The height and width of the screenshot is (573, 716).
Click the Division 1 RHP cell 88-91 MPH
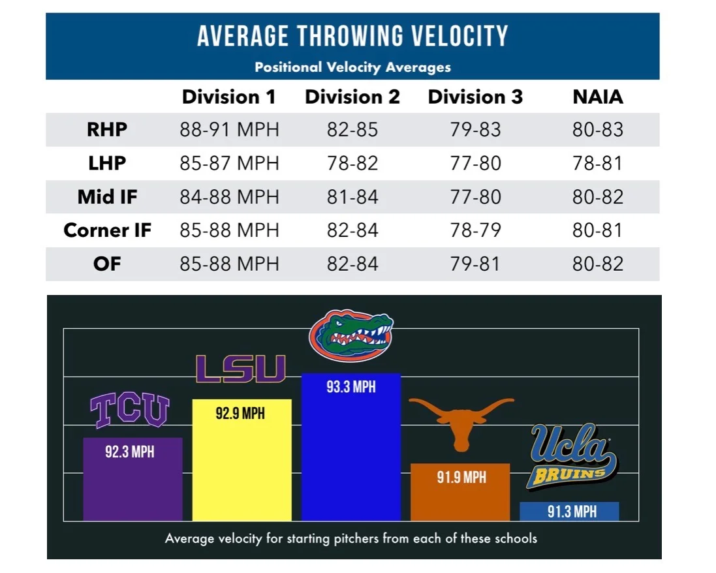(x=229, y=130)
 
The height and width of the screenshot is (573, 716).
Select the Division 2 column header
(x=352, y=97)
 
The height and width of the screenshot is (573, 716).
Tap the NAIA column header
(x=597, y=97)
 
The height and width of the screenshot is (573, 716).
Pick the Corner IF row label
(x=107, y=230)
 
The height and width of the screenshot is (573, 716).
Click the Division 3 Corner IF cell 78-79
(x=475, y=230)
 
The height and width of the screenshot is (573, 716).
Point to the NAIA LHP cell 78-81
(x=597, y=163)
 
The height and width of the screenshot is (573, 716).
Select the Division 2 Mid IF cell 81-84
(x=352, y=196)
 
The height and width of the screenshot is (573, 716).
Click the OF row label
(x=107, y=264)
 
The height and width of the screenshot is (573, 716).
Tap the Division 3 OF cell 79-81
(x=475, y=264)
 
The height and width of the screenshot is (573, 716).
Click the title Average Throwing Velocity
(x=352, y=37)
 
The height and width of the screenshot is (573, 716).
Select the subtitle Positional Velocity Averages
(x=352, y=67)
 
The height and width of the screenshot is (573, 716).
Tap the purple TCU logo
(x=129, y=410)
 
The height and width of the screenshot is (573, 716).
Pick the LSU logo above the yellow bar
(x=241, y=369)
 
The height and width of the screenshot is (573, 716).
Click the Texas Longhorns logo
(x=461, y=421)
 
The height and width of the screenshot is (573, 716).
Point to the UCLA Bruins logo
(x=572, y=457)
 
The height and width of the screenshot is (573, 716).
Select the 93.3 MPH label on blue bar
(x=351, y=387)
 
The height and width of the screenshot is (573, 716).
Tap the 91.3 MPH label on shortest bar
(x=572, y=512)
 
